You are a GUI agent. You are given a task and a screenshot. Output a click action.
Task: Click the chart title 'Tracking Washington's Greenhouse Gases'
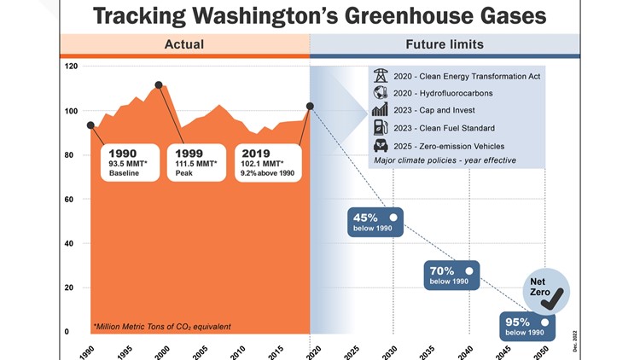click(x=320, y=15)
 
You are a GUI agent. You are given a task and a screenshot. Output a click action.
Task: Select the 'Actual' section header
click(x=183, y=44)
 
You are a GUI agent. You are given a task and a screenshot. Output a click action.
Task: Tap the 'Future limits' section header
click(x=444, y=44)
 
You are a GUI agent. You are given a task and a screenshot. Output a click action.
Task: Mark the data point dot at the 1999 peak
click(x=159, y=85)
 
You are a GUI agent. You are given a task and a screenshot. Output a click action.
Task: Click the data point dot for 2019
click(x=310, y=106)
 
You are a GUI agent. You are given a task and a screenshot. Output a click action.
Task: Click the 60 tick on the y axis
click(x=72, y=200)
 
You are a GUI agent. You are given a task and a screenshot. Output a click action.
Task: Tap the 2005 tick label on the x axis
click(x=200, y=350)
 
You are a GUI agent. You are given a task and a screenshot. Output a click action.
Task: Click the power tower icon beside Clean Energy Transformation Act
click(x=381, y=76)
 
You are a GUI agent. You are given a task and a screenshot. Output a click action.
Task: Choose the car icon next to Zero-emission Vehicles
click(x=381, y=145)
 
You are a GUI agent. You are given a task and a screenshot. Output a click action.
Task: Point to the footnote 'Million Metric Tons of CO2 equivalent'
click(x=161, y=326)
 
